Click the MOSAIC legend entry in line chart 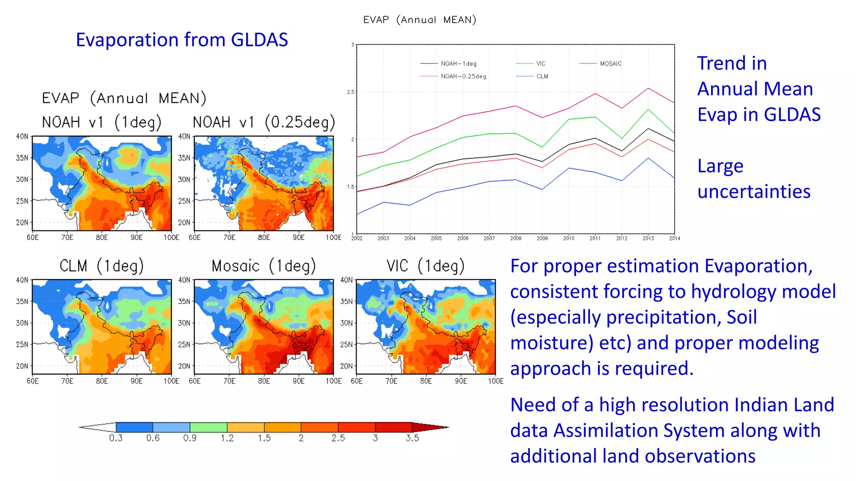tap(610, 63)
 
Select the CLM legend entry tap(542, 76)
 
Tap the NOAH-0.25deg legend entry tap(463, 76)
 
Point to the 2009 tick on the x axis tap(542, 238)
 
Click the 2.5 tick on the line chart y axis tap(350, 92)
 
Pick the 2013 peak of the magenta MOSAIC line tap(648, 89)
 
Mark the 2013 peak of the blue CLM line tap(648, 158)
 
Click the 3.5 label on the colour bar tap(412, 438)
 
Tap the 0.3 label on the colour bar tap(116, 438)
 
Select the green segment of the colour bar tap(209, 427)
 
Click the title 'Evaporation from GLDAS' tap(182, 40)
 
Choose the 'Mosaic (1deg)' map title tap(263, 266)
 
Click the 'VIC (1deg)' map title tap(425, 266)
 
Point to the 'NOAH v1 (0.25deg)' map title tap(264, 122)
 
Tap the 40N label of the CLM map tap(22, 280)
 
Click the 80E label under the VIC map tap(426, 381)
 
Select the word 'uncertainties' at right tap(754, 192)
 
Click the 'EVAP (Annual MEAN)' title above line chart tap(419, 20)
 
